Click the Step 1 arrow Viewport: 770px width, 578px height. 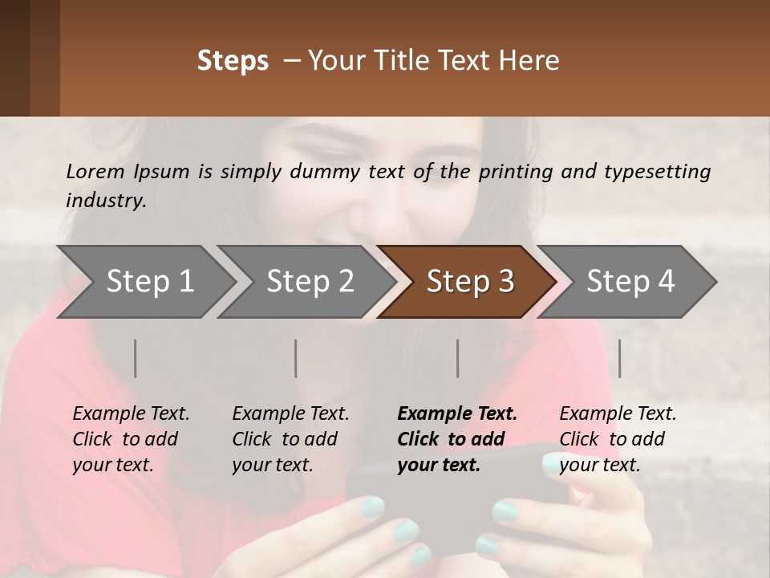pos(149,282)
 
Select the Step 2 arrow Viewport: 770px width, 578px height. pos(310,282)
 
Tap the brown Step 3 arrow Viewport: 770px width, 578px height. pos(469,282)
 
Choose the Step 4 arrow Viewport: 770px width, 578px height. pos(630,282)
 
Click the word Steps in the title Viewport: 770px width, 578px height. pos(233,61)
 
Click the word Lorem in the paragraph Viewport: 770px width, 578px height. pos(93,171)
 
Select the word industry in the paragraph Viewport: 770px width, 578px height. pos(105,201)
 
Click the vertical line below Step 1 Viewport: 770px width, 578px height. pos(136,358)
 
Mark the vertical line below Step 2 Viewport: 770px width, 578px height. pos(296,358)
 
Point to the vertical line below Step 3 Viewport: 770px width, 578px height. pos(458,358)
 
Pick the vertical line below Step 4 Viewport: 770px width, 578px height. pos(619,358)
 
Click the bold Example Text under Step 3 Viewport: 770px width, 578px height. pos(457,414)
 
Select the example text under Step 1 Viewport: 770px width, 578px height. pos(131,439)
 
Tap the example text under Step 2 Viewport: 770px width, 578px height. pos(290,439)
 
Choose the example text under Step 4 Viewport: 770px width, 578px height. pos(618,439)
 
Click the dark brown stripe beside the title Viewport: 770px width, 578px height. pos(14,58)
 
